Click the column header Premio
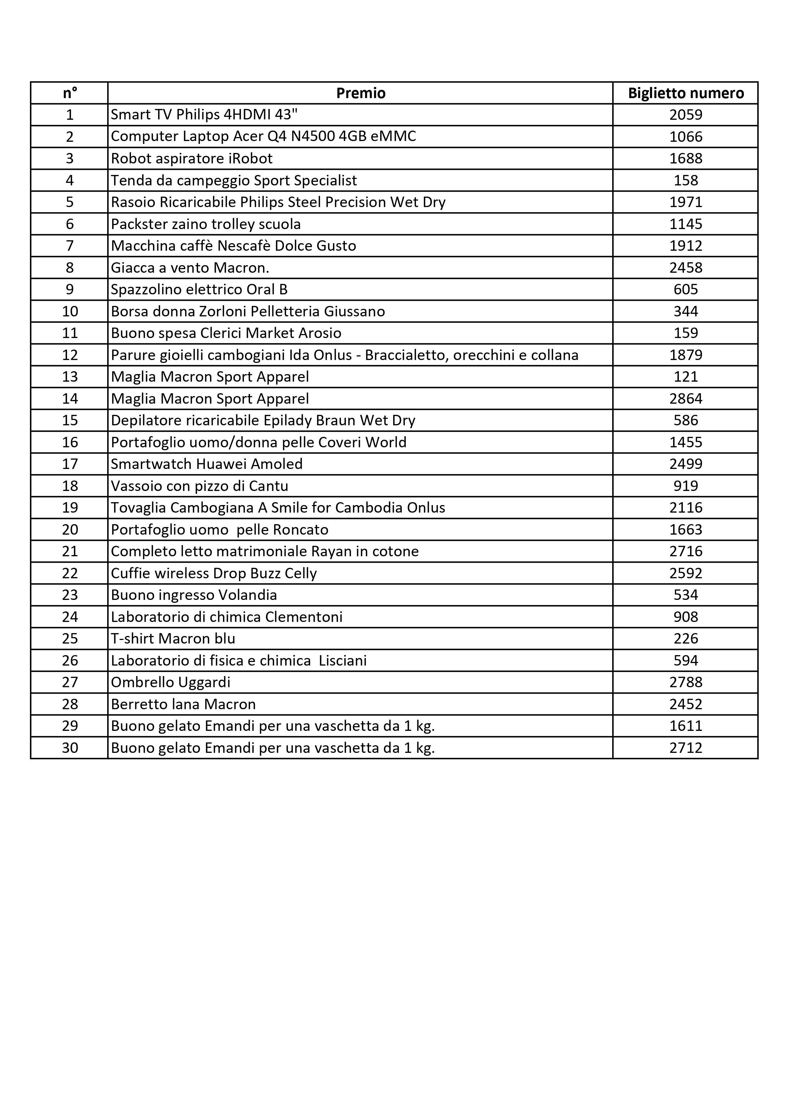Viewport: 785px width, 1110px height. [x=361, y=93]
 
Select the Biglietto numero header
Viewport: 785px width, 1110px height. [x=685, y=93]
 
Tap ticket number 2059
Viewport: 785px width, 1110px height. [x=685, y=115]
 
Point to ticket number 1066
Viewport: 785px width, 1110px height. [x=685, y=136]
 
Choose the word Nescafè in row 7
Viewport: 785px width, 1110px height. [x=244, y=246]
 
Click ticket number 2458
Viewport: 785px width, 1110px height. [x=685, y=267]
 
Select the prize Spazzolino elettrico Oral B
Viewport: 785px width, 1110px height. [x=199, y=289]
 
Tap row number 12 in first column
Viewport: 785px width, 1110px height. [x=70, y=355]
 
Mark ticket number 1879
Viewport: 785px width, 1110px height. [x=685, y=355]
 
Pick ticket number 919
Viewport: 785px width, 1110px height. [x=685, y=486]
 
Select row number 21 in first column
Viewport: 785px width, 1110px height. [x=70, y=551]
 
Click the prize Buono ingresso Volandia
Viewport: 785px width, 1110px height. [x=194, y=595]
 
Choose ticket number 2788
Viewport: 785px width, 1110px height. [x=685, y=682]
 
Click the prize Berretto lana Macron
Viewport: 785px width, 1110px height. [x=183, y=704]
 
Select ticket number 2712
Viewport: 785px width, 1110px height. [x=685, y=748]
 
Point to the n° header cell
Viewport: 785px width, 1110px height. [x=70, y=93]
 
